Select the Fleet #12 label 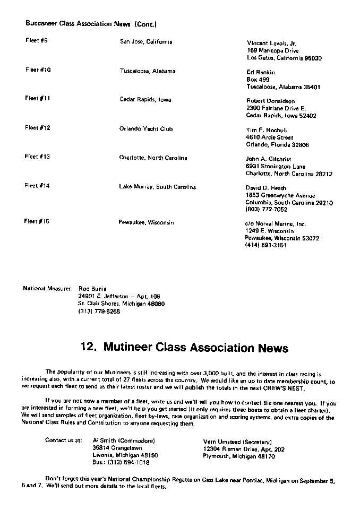coord(38,127)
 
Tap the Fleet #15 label coord(37,221)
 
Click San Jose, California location coord(146,41)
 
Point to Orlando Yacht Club coord(146,128)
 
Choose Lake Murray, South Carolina coord(157,187)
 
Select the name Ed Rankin coord(261,72)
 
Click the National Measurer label coord(47,289)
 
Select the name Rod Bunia coord(92,289)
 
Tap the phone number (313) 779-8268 coord(99,312)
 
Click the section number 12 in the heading coord(88,348)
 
